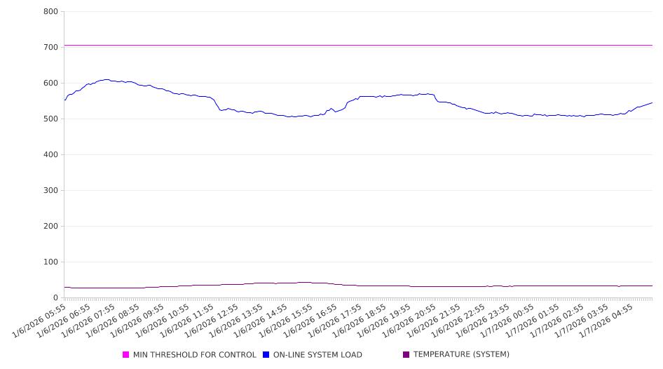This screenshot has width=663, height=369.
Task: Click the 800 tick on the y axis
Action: pos(50,11)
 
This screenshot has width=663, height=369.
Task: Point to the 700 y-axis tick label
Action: pos(50,47)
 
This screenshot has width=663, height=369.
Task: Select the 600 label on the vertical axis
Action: pos(50,83)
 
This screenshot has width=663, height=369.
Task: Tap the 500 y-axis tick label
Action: pos(50,119)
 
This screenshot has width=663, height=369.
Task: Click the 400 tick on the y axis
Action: pos(50,154)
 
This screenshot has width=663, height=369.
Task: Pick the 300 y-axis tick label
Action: pos(50,190)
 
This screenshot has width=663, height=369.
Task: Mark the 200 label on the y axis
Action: pos(50,226)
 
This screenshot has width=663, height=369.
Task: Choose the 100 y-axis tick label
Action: pos(50,262)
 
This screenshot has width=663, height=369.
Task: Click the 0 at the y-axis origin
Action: pos(55,297)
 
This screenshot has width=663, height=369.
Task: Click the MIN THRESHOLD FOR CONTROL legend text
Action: pos(194,355)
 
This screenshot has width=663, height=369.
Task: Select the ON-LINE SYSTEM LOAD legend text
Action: pos(317,355)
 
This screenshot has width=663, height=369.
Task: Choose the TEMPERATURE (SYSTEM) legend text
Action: pos(461,355)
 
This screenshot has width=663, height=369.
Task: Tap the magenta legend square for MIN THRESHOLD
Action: pos(126,355)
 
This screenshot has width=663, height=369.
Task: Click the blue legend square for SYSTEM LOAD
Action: pos(266,355)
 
